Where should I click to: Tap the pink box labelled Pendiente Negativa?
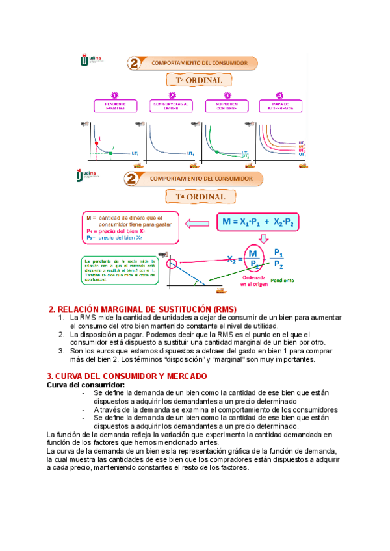click(115, 105)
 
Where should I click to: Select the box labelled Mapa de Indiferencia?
click(279, 105)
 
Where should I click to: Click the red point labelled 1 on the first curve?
click(97, 142)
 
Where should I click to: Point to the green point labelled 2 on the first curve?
click(111, 153)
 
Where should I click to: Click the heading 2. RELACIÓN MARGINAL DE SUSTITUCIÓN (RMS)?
click(143, 308)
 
